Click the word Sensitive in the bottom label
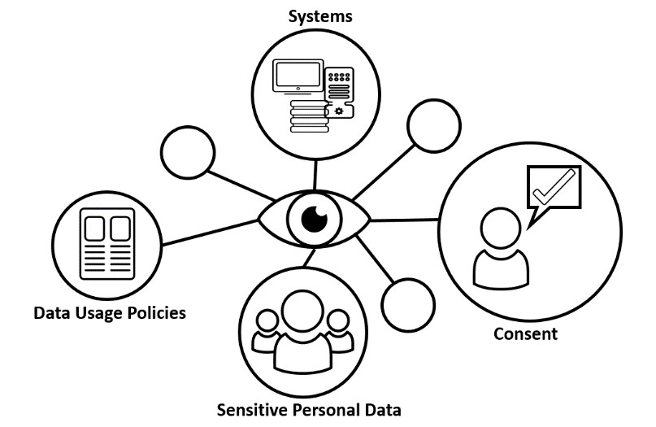pyautogui.click(x=253, y=409)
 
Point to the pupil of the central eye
pyautogui.click(x=314, y=218)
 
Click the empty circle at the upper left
pyautogui.click(x=189, y=153)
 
